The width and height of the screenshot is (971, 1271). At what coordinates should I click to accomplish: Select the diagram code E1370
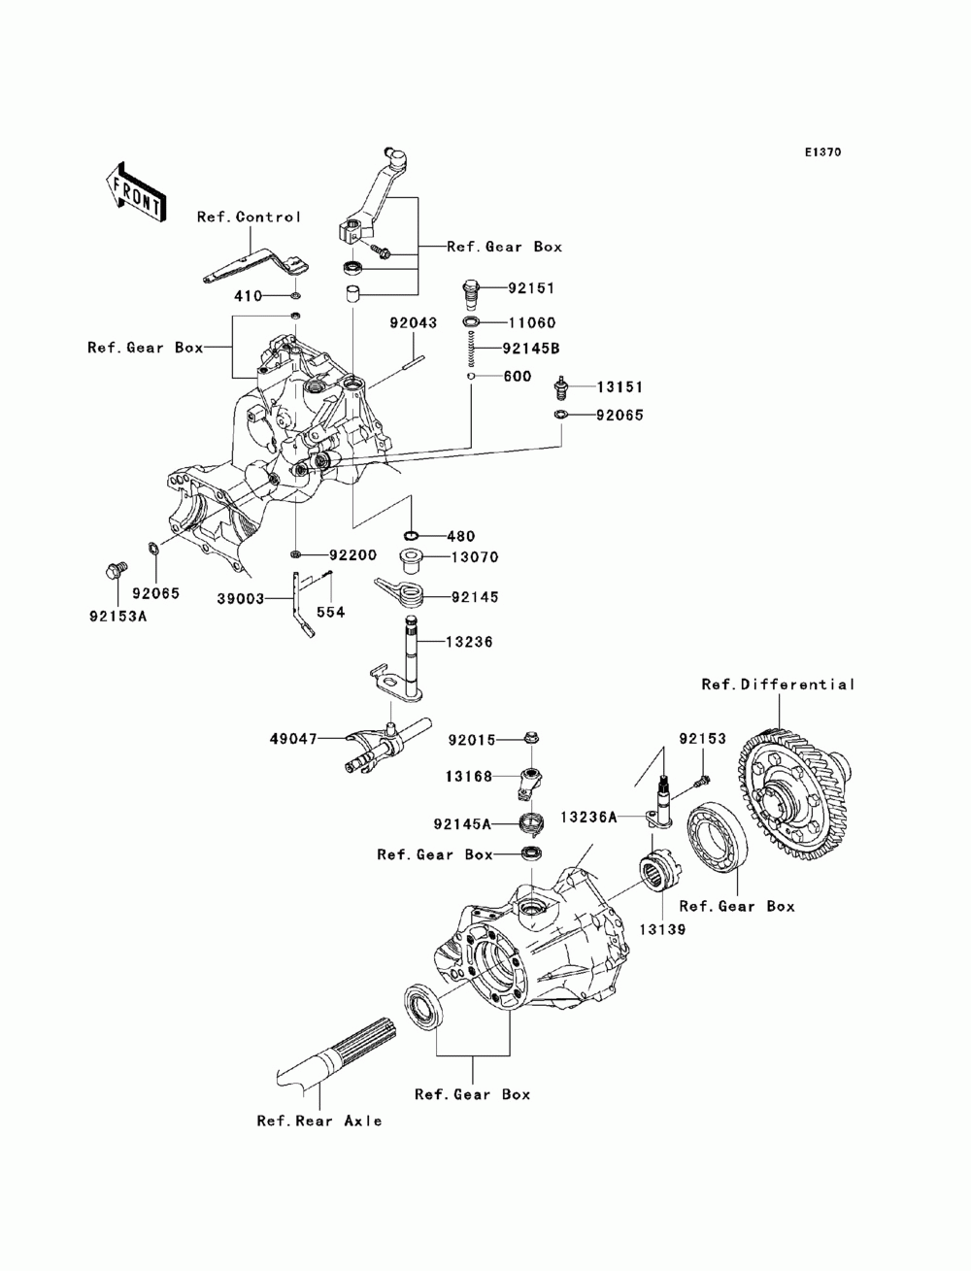click(822, 152)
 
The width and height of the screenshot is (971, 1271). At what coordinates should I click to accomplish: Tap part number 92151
click(531, 287)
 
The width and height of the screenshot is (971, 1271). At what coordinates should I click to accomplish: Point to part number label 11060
click(531, 322)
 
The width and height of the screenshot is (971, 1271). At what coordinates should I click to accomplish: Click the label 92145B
click(531, 349)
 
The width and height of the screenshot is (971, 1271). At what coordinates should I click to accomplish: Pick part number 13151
click(619, 386)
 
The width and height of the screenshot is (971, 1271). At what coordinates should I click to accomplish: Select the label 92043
click(413, 322)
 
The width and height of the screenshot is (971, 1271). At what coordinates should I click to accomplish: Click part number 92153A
click(118, 617)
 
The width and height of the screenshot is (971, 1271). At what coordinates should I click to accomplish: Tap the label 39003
click(241, 599)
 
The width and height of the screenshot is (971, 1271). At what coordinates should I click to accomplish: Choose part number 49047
click(293, 739)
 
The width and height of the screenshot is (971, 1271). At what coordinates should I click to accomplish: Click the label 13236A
click(588, 817)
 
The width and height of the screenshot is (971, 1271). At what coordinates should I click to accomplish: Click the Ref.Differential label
click(778, 684)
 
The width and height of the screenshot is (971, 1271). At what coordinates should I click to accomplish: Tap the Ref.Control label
click(249, 217)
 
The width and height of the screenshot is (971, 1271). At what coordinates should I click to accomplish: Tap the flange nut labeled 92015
click(531, 738)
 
